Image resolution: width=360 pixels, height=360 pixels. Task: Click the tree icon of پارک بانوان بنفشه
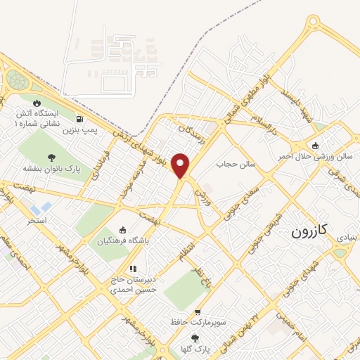pyautogui.click(x=51, y=157)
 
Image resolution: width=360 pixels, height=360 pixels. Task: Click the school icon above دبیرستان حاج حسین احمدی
pyautogui.click(x=131, y=269)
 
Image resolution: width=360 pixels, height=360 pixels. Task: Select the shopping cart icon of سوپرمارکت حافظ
pyautogui.click(x=198, y=311)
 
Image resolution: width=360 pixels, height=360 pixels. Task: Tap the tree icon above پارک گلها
pyautogui.click(x=195, y=338)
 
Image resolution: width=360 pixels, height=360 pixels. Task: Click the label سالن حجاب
pyautogui.click(x=228, y=163)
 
